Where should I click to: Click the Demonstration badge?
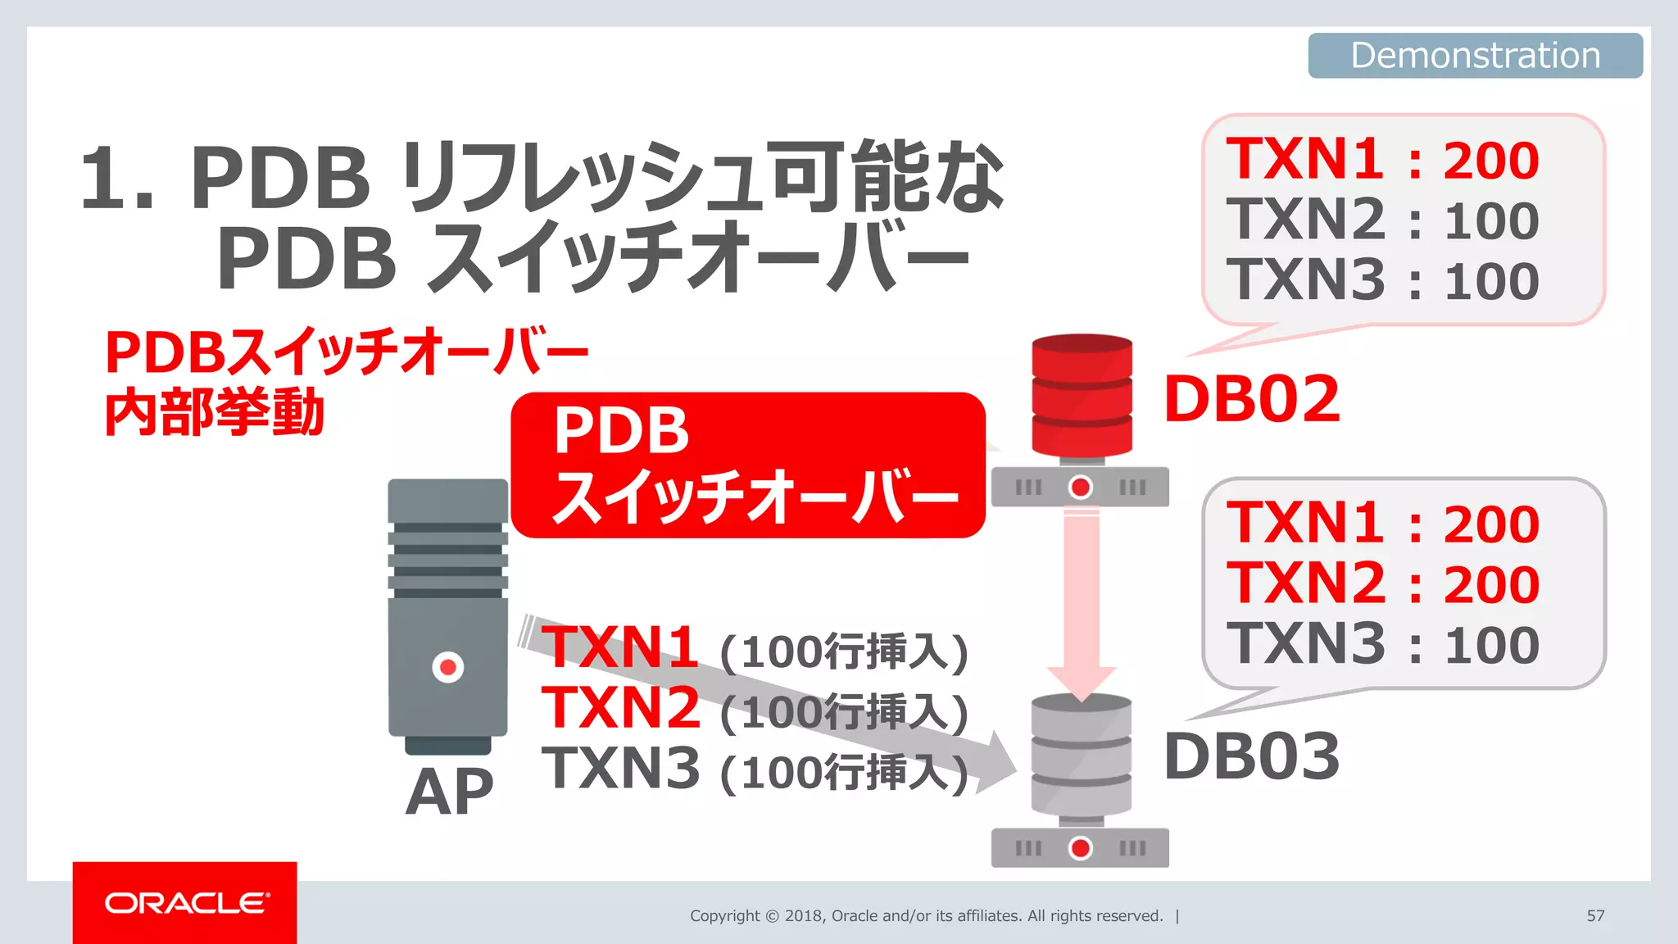point(1475,56)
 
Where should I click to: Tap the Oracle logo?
point(185,903)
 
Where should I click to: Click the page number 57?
point(1595,915)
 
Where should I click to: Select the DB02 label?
point(1251,399)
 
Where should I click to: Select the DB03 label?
point(1251,756)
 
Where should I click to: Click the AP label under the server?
point(449,792)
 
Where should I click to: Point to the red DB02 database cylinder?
point(1082,395)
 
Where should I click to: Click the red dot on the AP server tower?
point(448,667)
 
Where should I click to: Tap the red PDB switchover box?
point(747,465)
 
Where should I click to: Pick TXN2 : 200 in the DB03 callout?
point(1382,583)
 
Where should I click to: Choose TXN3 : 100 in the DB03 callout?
point(1382,644)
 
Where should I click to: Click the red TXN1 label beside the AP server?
point(620,647)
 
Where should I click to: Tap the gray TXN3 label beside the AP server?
point(620,769)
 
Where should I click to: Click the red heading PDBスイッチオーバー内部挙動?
point(344,382)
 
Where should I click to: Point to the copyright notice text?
point(926,915)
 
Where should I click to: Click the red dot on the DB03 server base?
point(1081,847)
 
